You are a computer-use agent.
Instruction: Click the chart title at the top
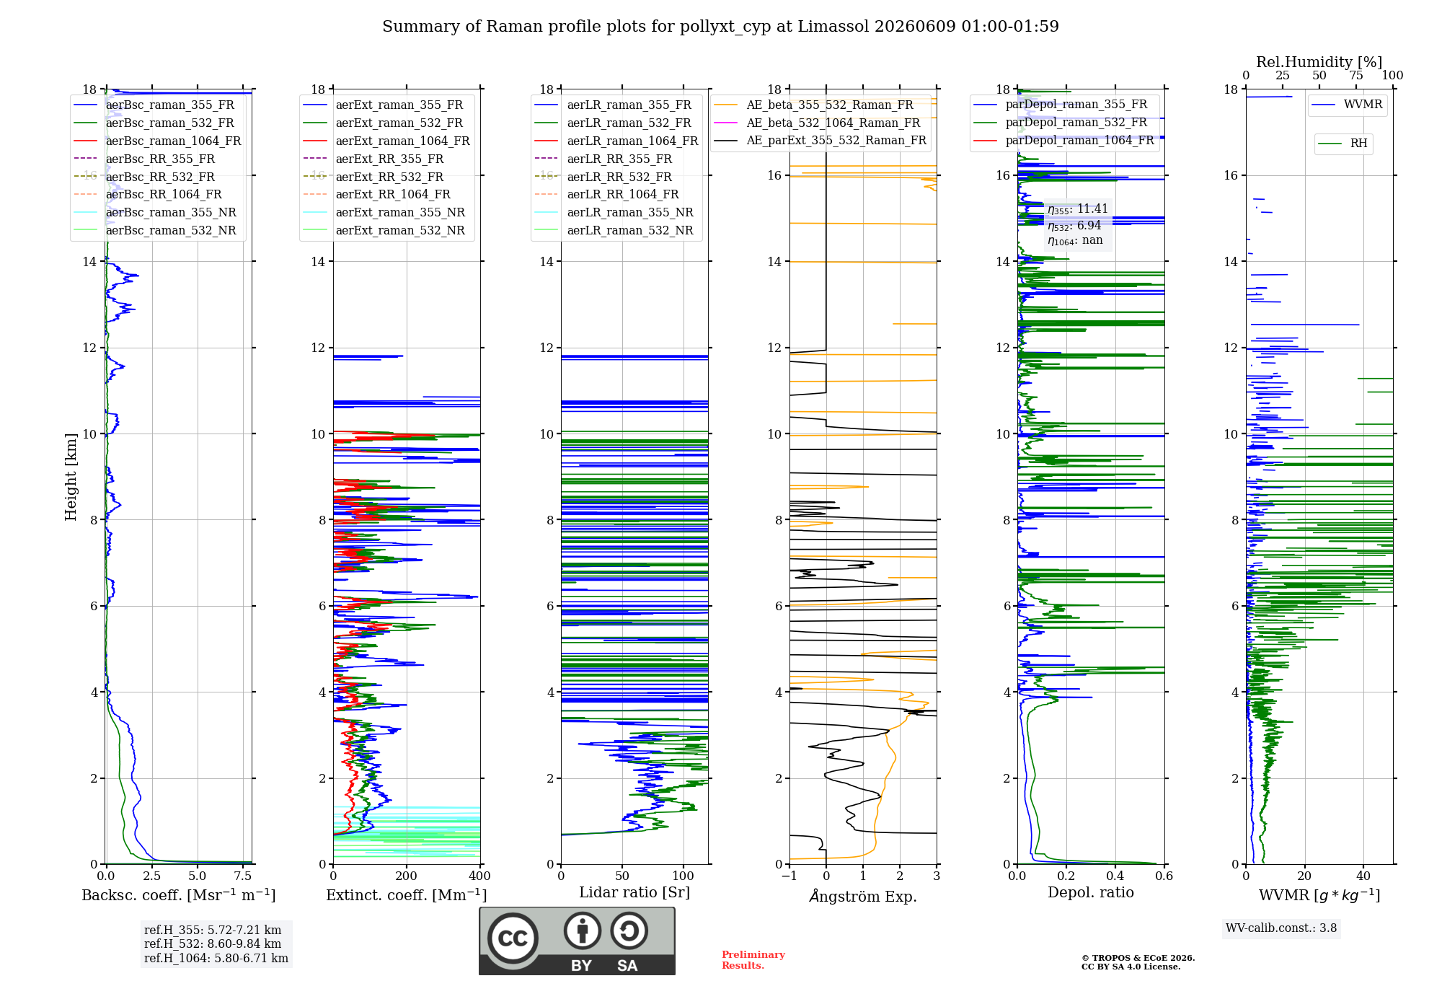point(720,27)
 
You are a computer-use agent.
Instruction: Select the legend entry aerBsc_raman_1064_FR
point(173,141)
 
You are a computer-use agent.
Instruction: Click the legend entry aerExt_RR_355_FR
point(389,159)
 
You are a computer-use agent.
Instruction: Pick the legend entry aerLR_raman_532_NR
point(630,230)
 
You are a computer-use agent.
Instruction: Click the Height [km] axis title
point(71,477)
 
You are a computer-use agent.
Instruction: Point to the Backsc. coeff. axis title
point(179,895)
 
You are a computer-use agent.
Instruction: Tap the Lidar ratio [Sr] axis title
point(634,893)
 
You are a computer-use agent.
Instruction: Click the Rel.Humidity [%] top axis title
point(1319,62)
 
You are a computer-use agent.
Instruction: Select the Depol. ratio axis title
point(1091,893)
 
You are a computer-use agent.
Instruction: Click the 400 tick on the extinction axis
point(480,876)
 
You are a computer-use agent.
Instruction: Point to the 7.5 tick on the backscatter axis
point(243,876)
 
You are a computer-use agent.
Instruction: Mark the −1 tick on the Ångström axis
point(789,876)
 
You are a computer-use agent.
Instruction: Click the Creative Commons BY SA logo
point(577,941)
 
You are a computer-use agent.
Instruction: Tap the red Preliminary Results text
point(753,960)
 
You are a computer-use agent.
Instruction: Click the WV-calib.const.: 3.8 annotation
point(1281,928)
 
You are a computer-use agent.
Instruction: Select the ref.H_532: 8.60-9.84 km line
point(213,944)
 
